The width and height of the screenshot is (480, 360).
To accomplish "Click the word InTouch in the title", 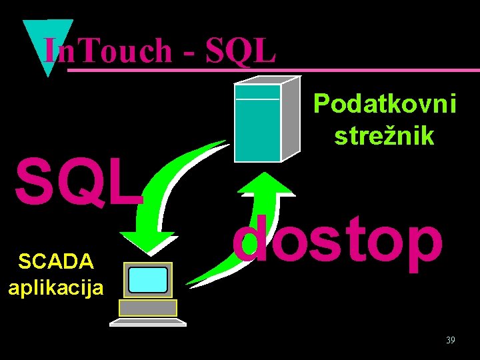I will coord(107,51).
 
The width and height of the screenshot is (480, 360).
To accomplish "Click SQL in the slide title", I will coord(241,51).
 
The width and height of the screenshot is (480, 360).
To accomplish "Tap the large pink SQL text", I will coord(79,182).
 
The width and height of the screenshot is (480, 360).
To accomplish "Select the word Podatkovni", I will coord(385,105).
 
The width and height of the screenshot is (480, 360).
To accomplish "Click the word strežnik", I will coord(385,136).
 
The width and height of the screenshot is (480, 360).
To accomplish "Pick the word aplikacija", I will coord(55,288).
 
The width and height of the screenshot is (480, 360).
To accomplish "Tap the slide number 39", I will coord(451,341).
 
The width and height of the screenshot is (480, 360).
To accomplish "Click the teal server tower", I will coord(257,123).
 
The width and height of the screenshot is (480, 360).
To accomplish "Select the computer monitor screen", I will coord(147,281).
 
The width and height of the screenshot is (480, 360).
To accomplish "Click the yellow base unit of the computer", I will coord(147,307).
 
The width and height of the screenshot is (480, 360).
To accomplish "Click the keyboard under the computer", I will coord(147,322).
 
